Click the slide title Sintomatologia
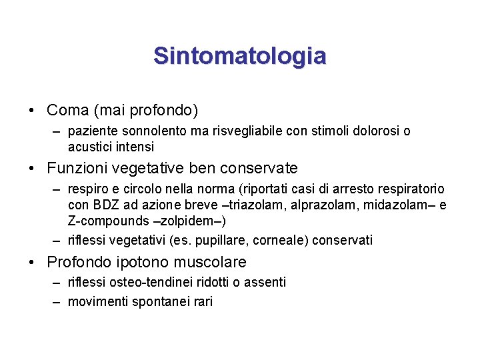[239, 56]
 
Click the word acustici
[90, 146]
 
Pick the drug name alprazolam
[322, 205]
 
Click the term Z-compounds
[110, 220]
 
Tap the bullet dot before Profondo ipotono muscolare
[33, 263]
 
